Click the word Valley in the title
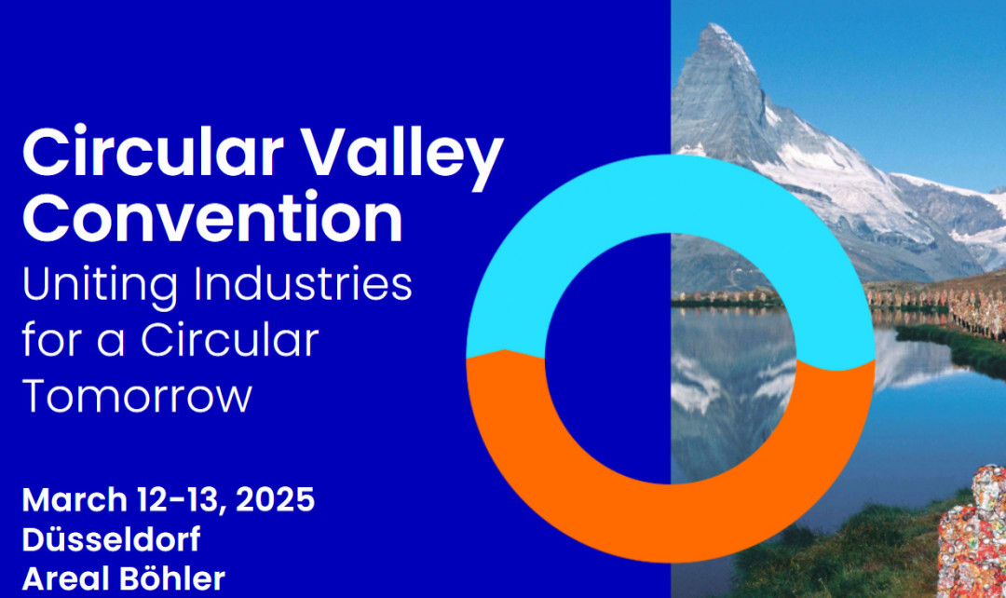402,154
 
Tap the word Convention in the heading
212,217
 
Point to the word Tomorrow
137,396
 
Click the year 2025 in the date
275,499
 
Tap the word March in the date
75,499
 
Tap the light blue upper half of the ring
670,194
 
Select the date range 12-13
181,499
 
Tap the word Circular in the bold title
152,153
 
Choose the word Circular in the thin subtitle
230,339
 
